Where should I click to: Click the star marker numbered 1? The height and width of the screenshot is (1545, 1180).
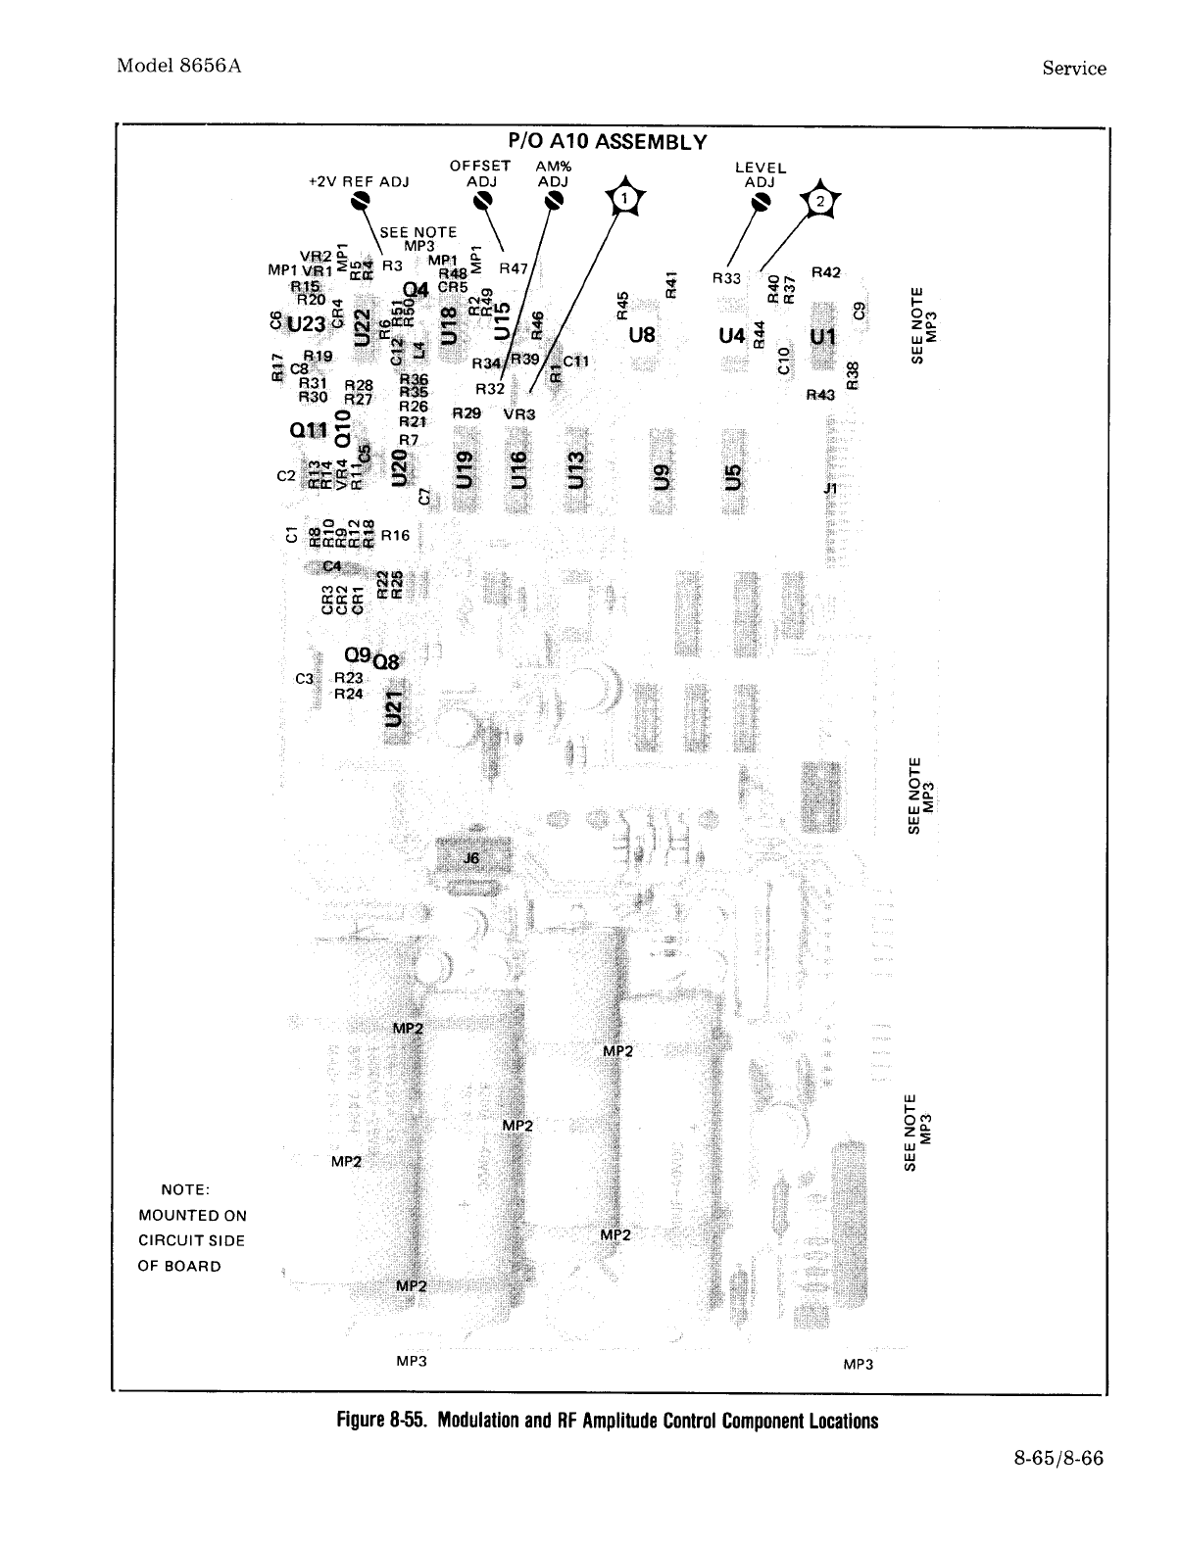pyautogui.click(x=624, y=201)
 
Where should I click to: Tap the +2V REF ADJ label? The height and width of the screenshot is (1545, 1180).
pyautogui.click(x=358, y=181)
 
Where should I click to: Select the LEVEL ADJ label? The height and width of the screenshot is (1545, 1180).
pyautogui.click(x=760, y=174)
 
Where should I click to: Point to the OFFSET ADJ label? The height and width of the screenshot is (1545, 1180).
pyautogui.click(x=480, y=172)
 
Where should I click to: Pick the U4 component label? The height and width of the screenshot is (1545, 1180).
pyautogui.click(x=732, y=335)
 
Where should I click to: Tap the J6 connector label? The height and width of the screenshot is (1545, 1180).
pyautogui.click(x=471, y=858)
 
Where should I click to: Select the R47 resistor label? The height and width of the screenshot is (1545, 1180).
pyautogui.click(x=514, y=267)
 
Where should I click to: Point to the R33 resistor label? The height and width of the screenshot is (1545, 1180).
pyautogui.click(x=726, y=278)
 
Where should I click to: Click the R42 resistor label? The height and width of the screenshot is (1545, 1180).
pyautogui.click(x=826, y=271)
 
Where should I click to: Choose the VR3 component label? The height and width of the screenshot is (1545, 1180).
pyautogui.click(x=519, y=413)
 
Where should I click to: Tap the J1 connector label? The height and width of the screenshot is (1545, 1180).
pyautogui.click(x=830, y=487)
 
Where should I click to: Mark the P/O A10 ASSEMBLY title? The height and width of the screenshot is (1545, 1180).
pyautogui.click(x=608, y=142)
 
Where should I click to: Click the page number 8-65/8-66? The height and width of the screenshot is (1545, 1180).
pyautogui.click(x=1058, y=1459)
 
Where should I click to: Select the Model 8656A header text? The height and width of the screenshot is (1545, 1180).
pyautogui.click(x=178, y=67)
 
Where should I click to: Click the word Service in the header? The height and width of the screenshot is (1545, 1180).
pyautogui.click(x=1074, y=69)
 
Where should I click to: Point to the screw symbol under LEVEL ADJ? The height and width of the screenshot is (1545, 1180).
pyautogui.click(x=760, y=201)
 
